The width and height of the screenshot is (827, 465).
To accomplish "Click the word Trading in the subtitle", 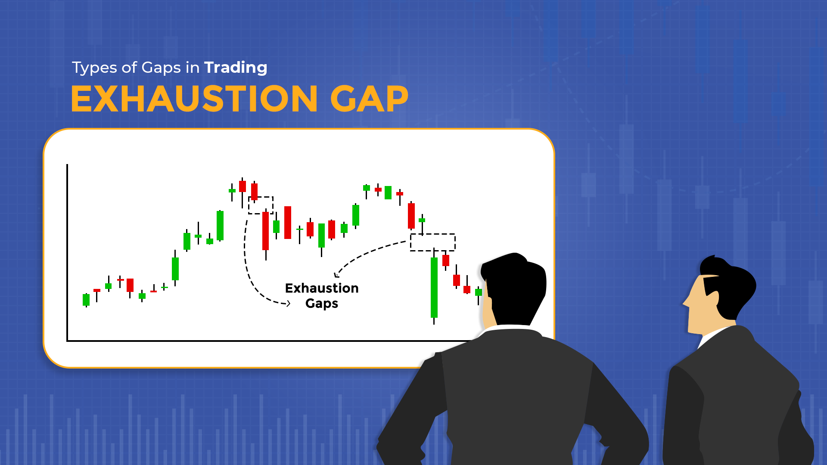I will tap(236, 68).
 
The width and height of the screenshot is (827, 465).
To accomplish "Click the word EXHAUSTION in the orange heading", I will tap(194, 99).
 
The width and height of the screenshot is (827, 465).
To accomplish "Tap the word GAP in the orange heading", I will tap(369, 99).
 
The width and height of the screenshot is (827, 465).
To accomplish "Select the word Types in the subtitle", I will tap(94, 68).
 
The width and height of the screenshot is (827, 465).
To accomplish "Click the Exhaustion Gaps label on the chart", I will tap(322, 295).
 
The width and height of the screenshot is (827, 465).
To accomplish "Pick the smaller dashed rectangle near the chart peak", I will tap(261, 205).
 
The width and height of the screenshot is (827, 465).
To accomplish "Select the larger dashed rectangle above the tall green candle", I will tap(432, 242).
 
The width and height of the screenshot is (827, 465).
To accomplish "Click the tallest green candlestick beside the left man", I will tap(434, 287).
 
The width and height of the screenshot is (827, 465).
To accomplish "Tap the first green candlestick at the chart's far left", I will tap(86, 299).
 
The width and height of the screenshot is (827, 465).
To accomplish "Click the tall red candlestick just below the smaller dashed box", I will tap(266, 231).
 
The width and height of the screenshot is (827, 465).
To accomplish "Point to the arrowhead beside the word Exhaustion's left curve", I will tap(288, 304).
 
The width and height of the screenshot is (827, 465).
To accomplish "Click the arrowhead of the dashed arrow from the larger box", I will tap(336, 275).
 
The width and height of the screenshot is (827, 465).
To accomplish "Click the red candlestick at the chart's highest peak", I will tap(243, 186).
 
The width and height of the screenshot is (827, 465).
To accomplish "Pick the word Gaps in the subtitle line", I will tap(161, 68).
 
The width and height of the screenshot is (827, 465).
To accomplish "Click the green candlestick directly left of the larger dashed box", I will tap(422, 220).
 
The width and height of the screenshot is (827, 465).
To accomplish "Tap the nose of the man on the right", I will tap(685, 302).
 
